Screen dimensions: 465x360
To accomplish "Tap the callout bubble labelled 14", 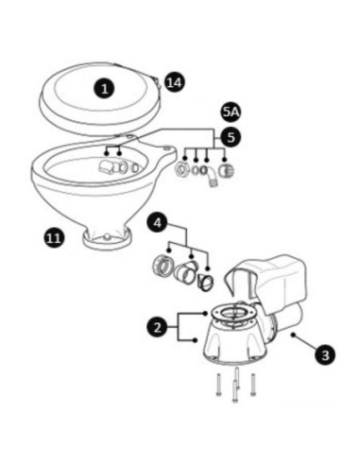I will (x=174, y=82).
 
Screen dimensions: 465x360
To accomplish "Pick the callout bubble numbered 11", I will (x=53, y=238).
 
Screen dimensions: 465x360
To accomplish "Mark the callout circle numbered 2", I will (x=158, y=326).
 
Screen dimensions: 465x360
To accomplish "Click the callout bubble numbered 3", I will (x=325, y=355).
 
